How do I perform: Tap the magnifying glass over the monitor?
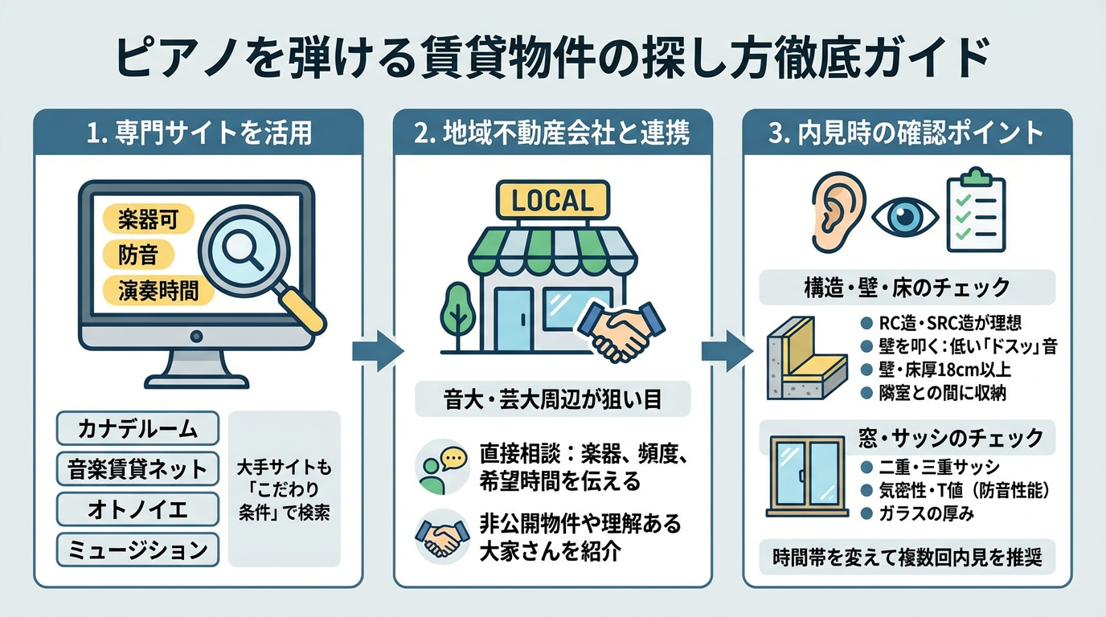249,250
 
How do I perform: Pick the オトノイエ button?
137,509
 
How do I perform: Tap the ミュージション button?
137,550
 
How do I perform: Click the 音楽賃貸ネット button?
137,468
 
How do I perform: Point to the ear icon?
837,210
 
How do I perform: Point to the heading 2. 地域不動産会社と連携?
552,133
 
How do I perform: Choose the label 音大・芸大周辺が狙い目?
552,399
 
